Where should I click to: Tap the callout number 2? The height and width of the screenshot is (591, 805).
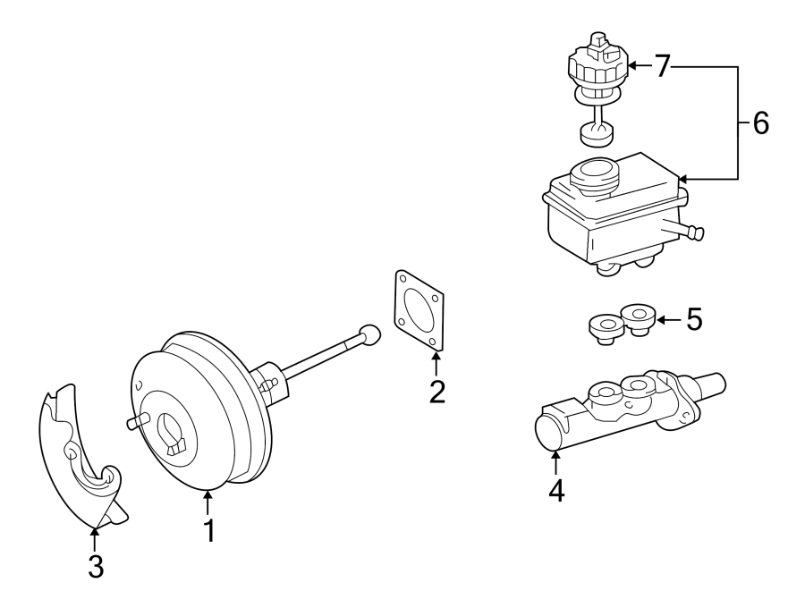coord(436,392)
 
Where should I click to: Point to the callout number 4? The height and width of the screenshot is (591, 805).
coord(556,491)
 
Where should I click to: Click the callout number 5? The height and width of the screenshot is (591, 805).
coord(694,319)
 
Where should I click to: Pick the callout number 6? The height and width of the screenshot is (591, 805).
coord(759,123)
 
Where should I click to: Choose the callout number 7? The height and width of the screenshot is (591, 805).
coord(661,67)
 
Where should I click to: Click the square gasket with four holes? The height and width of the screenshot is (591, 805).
coord(418,309)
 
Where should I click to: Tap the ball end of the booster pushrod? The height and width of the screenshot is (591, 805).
coord(369,334)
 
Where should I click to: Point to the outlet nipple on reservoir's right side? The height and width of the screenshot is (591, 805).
coord(693,232)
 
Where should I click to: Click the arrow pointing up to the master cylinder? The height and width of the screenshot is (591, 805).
coord(556,461)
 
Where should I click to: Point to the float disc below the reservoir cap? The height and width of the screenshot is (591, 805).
coord(597,134)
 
